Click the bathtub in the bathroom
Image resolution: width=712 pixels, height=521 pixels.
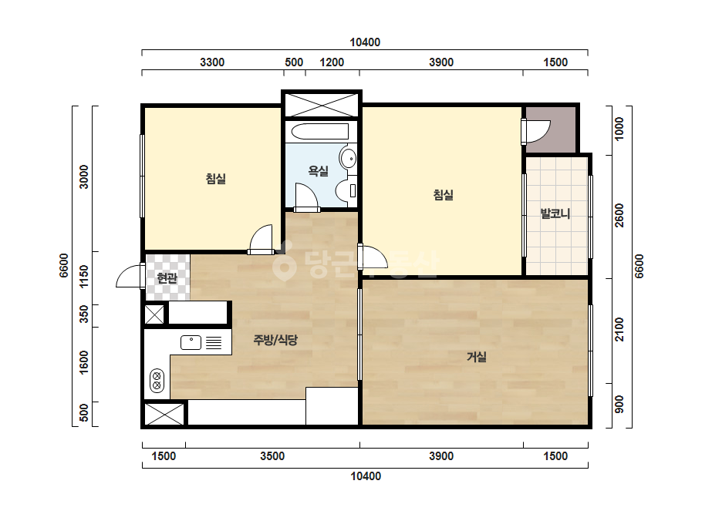click(320, 132)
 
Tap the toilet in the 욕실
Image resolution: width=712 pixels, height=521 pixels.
click(346, 190)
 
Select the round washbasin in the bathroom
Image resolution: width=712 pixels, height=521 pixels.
click(348, 159)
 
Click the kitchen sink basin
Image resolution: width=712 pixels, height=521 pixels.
click(191, 342)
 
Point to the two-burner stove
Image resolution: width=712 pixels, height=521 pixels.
click(157, 380)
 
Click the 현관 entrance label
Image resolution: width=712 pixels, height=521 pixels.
click(167, 277)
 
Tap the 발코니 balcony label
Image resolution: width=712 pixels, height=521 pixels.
click(555, 213)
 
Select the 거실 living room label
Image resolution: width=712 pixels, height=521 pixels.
click(477, 357)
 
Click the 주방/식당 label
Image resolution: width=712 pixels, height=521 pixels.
click(275, 340)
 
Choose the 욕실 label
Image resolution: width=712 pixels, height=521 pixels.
click(319, 171)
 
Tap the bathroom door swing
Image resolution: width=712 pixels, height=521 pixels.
click(306, 196)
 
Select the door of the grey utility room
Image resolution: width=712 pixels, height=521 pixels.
click(537, 132)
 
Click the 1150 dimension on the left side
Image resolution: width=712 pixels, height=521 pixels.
click(84, 277)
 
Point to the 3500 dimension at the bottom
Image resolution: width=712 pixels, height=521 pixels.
click(272, 456)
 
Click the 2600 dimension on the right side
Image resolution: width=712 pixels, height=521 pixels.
click(619, 216)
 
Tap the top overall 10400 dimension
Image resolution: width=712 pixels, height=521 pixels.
click(365, 42)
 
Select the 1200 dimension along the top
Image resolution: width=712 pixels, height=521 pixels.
click(332, 62)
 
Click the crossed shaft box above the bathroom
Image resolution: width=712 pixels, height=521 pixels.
click(322, 105)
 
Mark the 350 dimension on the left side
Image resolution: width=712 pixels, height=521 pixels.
click(84, 314)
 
